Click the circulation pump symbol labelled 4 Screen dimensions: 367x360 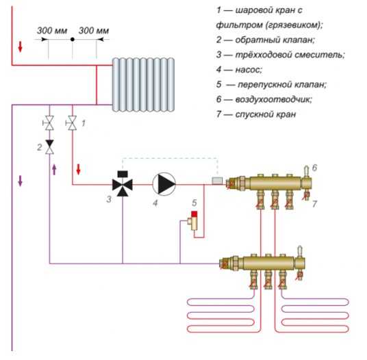coord(164,184)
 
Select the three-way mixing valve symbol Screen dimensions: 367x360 coord(123,185)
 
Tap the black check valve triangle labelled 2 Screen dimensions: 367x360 coord(49,144)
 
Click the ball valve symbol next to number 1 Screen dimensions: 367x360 coord(72,123)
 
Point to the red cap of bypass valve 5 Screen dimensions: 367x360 coord(194,214)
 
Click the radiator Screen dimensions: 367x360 coord(143,85)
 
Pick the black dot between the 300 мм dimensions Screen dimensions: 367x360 coord(73,40)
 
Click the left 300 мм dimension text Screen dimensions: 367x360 coord(52,31)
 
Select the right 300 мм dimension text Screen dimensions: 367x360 coord(94,31)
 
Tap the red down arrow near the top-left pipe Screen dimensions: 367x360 coord(20,47)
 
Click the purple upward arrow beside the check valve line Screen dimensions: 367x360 coord(54,170)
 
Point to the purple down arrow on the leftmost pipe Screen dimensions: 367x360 coord(21,181)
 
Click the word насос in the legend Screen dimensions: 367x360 coord(249,70)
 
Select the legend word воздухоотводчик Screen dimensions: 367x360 coord(273,99)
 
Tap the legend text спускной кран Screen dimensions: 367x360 coord(266,114)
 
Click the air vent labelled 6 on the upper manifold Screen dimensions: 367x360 coord(306,171)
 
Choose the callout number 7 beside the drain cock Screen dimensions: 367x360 coord(314,204)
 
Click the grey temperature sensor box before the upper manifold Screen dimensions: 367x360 coord(217,181)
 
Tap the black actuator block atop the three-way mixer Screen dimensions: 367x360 coord(123,174)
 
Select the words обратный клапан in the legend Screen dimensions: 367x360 coord(275,40)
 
